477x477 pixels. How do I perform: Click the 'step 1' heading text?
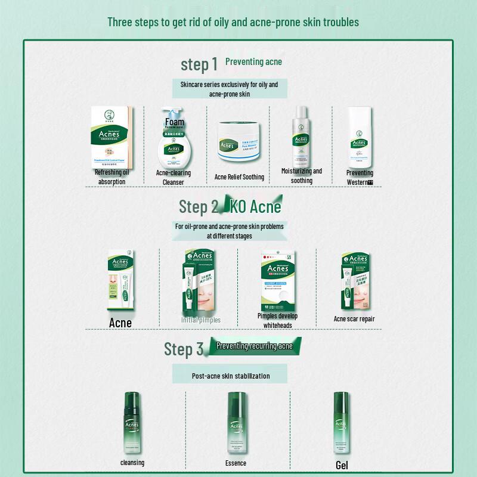point(199,64)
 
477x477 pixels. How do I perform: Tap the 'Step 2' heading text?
point(199,207)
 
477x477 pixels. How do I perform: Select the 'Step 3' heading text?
point(184,349)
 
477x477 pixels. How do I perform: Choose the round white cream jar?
point(238,142)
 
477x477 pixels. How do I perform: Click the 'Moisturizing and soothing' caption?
point(302,176)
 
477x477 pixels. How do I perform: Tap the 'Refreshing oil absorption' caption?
point(111,177)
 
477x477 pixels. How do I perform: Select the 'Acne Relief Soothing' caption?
point(239,177)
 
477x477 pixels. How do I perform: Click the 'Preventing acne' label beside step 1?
point(253,61)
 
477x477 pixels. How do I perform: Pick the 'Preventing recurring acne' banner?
point(254,346)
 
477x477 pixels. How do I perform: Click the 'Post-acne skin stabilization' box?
point(231,376)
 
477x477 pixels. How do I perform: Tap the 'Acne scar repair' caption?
point(354,319)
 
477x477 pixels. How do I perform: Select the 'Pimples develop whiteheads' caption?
point(277,320)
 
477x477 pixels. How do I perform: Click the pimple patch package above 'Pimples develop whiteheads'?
point(277,280)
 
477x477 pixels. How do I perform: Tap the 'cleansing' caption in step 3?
point(132,463)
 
